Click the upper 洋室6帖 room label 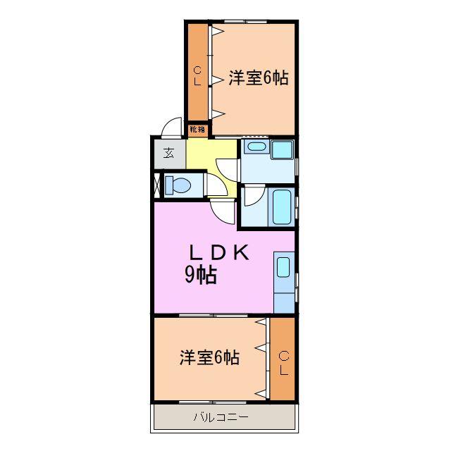point(258,78)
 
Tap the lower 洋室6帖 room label point(209,357)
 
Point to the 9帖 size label point(200,276)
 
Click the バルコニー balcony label point(221,418)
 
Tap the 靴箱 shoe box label point(198,129)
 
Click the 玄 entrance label point(169,152)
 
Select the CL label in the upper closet point(198,75)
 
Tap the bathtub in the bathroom point(281,206)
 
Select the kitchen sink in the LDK point(283,267)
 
